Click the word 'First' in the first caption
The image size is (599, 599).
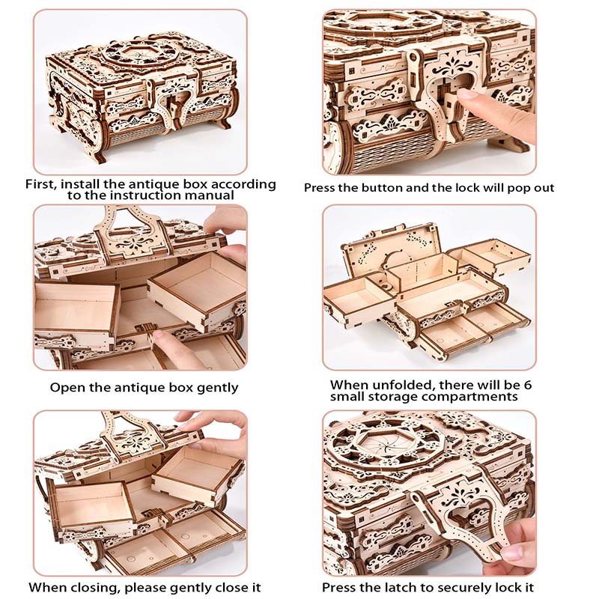[43, 183]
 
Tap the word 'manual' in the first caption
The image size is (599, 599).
[214, 195]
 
